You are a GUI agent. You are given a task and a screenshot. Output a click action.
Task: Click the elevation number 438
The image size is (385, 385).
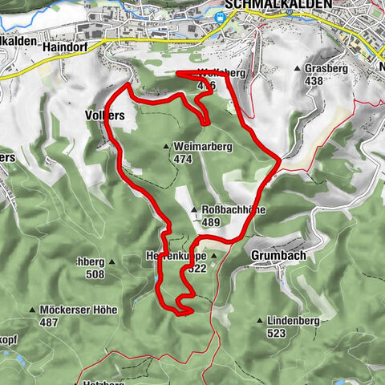tap(314, 81)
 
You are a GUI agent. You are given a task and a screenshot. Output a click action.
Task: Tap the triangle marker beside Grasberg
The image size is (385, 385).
tap(298, 69)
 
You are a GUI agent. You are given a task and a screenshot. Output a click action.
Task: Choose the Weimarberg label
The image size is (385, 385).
tap(197, 148)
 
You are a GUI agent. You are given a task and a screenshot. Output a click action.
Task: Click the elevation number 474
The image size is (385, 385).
tap(183, 160)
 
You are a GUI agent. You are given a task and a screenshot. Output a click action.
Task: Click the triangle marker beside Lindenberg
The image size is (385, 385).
tap(260, 321)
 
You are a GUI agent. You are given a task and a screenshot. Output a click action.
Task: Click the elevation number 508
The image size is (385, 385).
tap(94, 274)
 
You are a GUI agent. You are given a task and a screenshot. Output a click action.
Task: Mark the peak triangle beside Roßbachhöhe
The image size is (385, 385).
tap(194, 211)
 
